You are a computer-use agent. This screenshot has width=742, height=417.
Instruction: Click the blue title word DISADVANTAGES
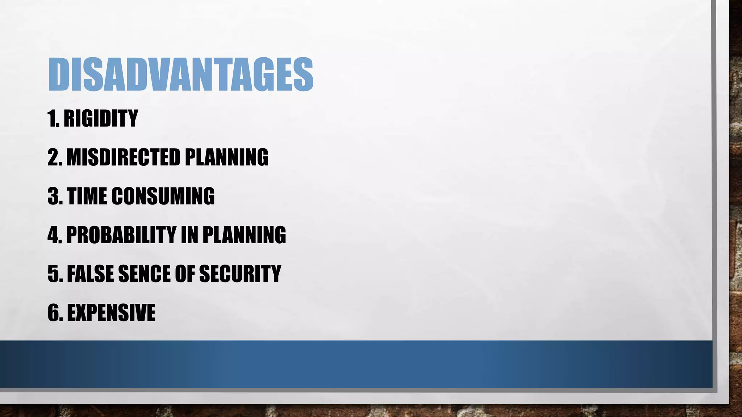tap(180, 75)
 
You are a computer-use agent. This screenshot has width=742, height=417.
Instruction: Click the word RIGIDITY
tap(101, 118)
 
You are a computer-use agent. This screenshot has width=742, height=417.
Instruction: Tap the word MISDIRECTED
tap(123, 157)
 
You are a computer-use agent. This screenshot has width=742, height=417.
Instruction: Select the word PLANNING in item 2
tap(226, 157)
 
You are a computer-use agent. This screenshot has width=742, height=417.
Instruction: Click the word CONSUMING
tap(163, 196)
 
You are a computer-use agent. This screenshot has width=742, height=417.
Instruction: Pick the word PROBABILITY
tap(121, 235)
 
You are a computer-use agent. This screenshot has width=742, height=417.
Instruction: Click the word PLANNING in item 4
tap(244, 235)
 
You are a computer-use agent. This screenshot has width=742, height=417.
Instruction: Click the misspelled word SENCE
tap(144, 273)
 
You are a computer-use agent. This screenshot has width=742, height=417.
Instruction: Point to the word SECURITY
tap(240, 273)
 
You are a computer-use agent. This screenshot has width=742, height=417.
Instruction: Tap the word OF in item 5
tap(184, 273)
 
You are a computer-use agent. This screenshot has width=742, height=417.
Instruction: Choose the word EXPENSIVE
tap(111, 312)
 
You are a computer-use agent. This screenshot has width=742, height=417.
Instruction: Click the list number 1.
tap(53, 118)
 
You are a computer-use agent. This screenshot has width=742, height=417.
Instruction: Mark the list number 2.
tap(54, 157)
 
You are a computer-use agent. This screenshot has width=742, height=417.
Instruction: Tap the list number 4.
tap(54, 235)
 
